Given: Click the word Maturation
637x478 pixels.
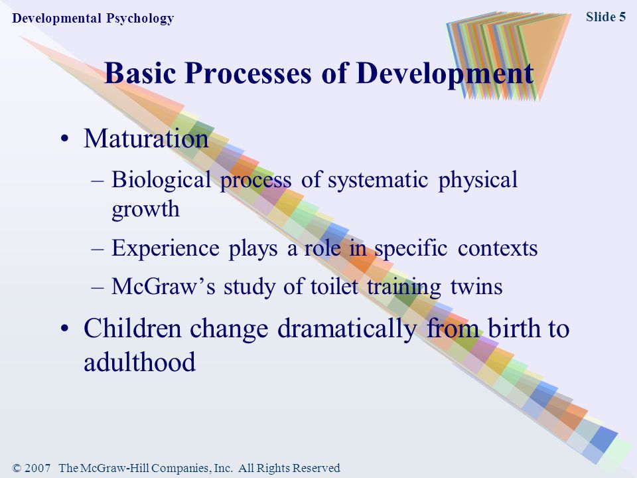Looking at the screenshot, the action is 146,139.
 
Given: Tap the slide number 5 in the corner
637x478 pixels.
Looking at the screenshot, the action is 622,17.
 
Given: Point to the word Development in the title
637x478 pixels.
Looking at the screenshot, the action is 446,74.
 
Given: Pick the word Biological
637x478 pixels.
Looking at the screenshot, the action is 161,180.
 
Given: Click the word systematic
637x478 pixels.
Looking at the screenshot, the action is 378,180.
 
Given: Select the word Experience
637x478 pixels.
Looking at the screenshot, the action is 165,248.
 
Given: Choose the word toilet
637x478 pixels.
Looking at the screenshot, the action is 334,286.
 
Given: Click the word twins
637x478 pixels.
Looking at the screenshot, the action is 476,286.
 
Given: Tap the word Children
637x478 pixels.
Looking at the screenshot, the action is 133,329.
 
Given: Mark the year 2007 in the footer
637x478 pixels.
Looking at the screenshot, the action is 37,468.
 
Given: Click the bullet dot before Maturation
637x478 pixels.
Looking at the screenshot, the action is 64,139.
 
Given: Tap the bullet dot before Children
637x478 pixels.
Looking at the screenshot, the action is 64,329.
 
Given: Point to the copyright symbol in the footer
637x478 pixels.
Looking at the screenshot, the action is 17,468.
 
